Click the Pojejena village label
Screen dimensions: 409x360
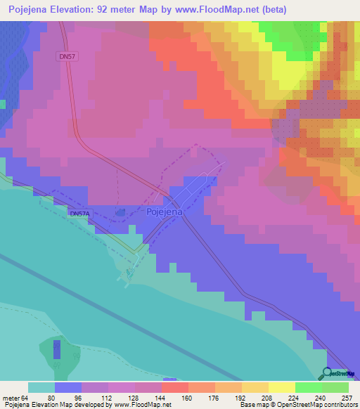pos(165,212)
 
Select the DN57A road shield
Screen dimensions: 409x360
pos(79,213)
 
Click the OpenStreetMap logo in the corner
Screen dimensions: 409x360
pos(340,374)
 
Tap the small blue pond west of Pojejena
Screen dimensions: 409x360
pos(120,212)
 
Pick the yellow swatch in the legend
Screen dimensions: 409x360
pos(281,387)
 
